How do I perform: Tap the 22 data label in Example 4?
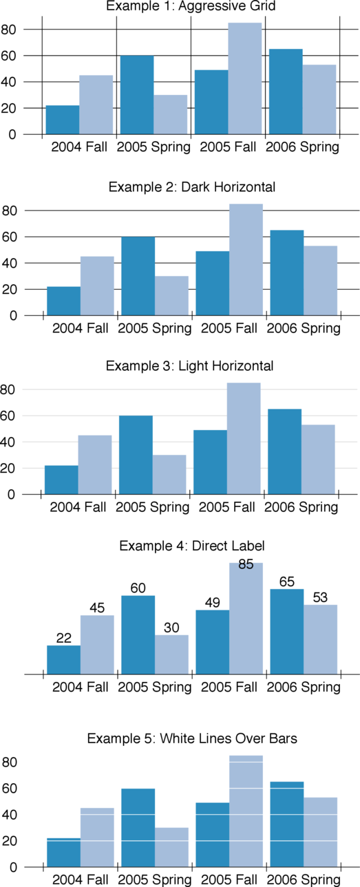click(x=63, y=638)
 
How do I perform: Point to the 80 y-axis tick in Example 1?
click(x=8, y=30)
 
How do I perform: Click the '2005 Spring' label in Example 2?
click(x=154, y=328)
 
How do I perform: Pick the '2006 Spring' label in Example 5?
click(x=303, y=880)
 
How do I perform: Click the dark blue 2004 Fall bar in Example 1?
click(x=63, y=120)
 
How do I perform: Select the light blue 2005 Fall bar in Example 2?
click(x=246, y=259)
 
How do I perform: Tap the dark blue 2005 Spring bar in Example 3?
click(x=136, y=455)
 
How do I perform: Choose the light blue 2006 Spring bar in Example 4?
click(x=320, y=639)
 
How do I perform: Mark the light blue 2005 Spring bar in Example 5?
click(x=171, y=847)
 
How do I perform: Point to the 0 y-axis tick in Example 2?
click(x=12, y=315)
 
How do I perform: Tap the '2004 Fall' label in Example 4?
click(x=80, y=687)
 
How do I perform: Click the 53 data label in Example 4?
click(x=320, y=597)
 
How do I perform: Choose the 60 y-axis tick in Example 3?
click(x=8, y=416)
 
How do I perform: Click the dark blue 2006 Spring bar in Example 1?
click(x=286, y=92)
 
